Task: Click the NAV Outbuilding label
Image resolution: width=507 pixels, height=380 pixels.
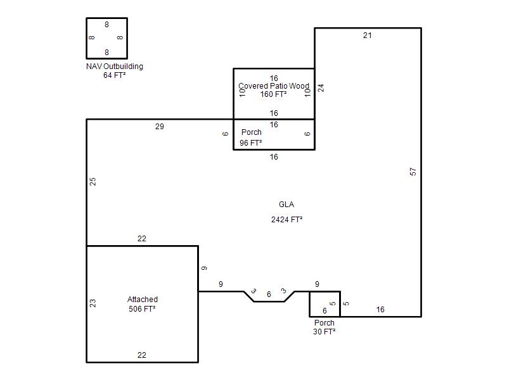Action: pyautogui.click(x=115, y=66)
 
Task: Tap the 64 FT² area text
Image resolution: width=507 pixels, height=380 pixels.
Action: pyautogui.click(x=115, y=75)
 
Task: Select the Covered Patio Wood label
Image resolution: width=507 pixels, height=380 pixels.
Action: pyautogui.click(x=274, y=86)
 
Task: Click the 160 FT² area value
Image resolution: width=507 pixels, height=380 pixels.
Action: pyautogui.click(x=274, y=94)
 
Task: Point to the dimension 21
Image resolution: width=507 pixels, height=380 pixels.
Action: pyautogui.click(x=368, y=35)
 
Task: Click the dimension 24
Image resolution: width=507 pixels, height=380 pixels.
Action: pyautogui.click(x=321, y=88)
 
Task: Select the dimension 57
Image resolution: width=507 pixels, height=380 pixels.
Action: pyautogui.click(x=413, y=172)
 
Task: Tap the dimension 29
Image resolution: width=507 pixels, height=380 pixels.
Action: pyautogui.click(x=160, y=126)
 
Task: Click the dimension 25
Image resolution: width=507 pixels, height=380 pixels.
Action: pyautogui.click(x=93, y=182)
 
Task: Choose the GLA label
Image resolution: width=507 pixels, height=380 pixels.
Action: pyautogui.click(x=286, y=205)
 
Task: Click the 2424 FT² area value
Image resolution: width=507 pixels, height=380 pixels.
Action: pyautogui.click(x=287, y=220)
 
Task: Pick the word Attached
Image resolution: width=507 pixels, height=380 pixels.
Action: pyautogui.click(x=143, y=299)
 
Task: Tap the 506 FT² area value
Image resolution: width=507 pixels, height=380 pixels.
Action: pyautogui.click(x=142, y=309)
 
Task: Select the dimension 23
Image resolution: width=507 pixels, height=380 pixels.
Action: pyautogui.click(x=93, y=303)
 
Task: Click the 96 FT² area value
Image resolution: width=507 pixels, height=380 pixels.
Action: pyautogui.click(x=250, y=143)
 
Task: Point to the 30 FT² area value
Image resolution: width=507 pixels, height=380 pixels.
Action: pyautogui.click(x=324, y=331)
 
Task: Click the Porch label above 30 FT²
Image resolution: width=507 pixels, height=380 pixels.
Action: pyautogui.click(x=324, y=323)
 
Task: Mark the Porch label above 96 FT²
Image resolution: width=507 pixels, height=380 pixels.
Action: pyautogui.click(x=251, y=132)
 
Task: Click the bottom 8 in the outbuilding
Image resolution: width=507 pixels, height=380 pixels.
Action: pyautogui.click(x=106, y=53)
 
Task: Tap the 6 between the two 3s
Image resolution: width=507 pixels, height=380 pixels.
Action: pyautogui.click(x=269, y=294)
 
